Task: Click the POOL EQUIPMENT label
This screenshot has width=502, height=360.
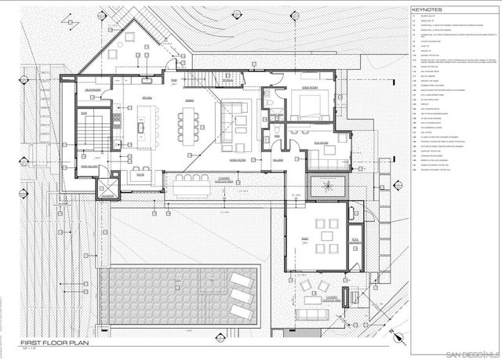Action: tap(354, 240)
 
